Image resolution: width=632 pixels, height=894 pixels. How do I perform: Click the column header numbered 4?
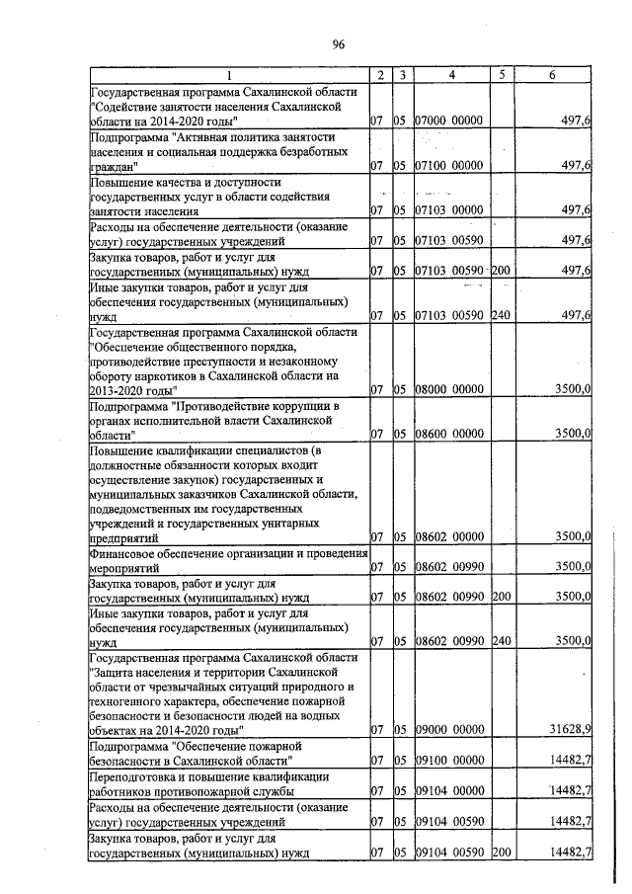tap(451, 75)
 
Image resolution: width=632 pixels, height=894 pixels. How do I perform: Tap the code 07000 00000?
tap(448, 120)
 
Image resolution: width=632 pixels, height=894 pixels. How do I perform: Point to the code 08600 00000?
tap(448, 434)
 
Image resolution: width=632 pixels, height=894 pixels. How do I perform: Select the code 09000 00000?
tap(448, 729)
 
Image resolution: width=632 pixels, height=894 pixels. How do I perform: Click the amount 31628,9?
tap(570, 729)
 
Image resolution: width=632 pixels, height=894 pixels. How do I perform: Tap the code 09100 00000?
tap(448, 761)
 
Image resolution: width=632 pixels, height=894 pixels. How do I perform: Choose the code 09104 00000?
tap(448, 791)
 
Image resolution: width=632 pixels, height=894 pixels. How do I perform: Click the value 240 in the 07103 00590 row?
tap(501, 315)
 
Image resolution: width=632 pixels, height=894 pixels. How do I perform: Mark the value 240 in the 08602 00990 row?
tap(501, 640)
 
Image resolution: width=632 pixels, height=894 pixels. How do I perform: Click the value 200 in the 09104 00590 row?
tap(501, 853)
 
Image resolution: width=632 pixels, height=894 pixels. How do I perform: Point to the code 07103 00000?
tap(448, 210)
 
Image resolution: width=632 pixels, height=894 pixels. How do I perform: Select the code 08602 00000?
tap(448, 537)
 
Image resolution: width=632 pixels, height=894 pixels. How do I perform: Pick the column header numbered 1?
tap(228, 75)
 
